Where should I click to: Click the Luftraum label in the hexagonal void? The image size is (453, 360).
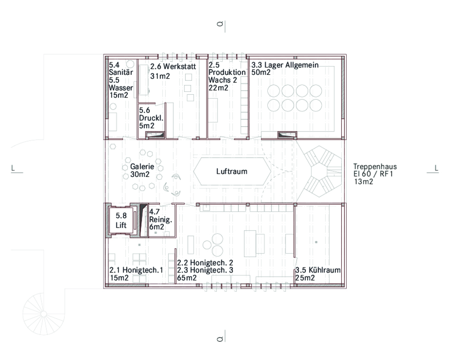click(x=232, y=171)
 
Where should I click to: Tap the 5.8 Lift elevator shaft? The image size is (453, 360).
click(x=121, y=221)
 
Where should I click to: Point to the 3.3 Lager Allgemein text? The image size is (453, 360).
click(x=285, y=65)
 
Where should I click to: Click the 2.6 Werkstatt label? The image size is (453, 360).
click(x=173, y=66)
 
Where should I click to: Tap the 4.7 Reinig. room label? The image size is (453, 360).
click(x=160, y=219)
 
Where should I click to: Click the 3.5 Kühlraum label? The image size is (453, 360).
click(x=318, y=270)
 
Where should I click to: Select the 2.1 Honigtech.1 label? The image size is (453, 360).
click(x=136, y=270)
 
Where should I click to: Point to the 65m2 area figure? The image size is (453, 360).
click(x=187, y=278)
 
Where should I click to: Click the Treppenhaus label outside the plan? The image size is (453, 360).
click(x=375, y=166)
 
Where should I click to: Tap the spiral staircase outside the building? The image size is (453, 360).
click(x=44, y=313)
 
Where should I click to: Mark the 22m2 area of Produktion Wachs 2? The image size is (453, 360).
click(x=218, y=88)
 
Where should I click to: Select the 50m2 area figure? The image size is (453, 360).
click(x=261, y=72)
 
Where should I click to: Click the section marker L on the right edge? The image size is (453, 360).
click(x=436, y=168)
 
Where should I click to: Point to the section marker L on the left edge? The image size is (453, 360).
click(x=13, y=168)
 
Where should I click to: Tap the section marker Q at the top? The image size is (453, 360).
click(x=220, y=24)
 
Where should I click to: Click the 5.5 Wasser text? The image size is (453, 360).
click(x=121, y=84)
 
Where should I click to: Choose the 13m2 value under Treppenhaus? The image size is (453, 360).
click(x=363, y=181)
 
